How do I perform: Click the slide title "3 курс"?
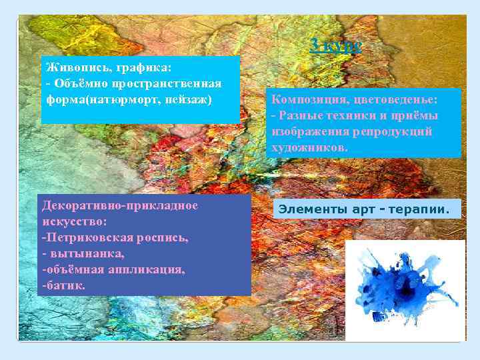(336, 45)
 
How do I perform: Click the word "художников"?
(307, 147)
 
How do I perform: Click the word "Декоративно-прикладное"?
(120, 205)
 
